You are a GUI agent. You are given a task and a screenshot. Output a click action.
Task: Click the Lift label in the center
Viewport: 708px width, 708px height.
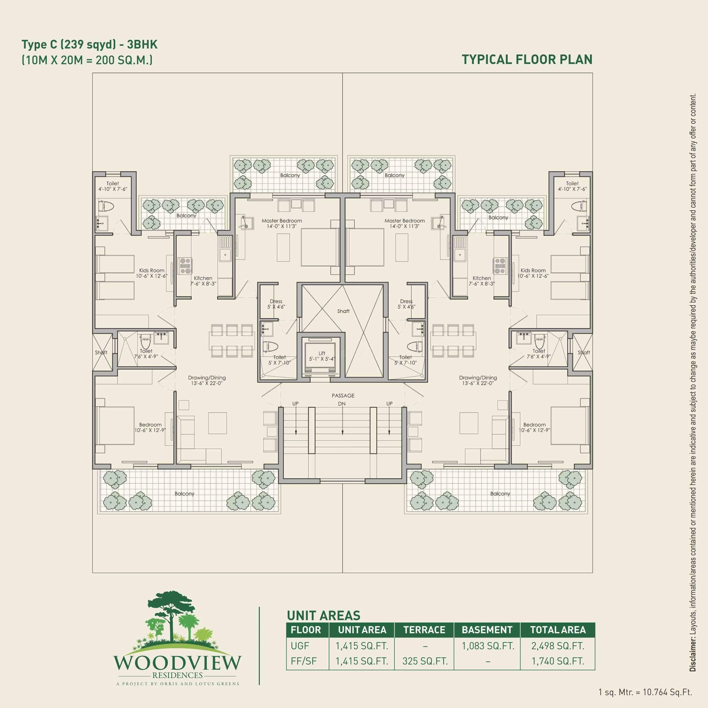pyautogui.click(x=322, y=353)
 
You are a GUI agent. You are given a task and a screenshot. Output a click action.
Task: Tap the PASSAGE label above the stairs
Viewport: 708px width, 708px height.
pyautogui.click(x=343, y=395)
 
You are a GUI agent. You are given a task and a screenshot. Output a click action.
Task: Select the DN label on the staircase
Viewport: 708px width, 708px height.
pyautogui.click(x=341, y=404)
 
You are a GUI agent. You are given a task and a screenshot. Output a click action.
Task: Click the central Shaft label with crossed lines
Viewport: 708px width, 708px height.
pyautogui.click(x=343, y=311)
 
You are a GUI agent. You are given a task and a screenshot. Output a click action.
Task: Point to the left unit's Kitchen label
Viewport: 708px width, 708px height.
pyautogui.click(x=203, y=278)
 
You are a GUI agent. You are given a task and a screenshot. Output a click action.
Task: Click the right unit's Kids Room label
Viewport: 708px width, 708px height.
pyautogui.click(x=533, y=270)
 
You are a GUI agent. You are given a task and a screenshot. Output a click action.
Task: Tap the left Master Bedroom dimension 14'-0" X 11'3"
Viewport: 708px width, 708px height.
pyautogui.click(x=281, y=227)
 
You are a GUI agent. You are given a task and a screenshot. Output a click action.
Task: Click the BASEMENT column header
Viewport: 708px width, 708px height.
pyautogui.click(x=487, y=630)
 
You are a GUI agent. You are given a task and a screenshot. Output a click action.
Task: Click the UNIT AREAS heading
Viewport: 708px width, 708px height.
pyautogui.click(x=323, y=615)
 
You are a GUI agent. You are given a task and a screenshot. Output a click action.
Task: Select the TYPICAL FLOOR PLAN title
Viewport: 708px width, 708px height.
pyautogui.click(x=527, y=59)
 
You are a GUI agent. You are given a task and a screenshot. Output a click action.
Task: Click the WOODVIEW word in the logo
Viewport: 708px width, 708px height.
pyautogui.click(x=177, y=663)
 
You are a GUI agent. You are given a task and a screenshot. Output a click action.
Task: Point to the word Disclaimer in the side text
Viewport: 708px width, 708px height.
pyautogui.click(x=693, y=654)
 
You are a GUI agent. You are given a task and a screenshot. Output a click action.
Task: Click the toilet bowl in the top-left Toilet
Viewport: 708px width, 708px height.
pyautogui.click(x=107, y=207)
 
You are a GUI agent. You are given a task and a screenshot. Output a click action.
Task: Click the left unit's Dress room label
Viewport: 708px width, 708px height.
pyautogui.click(x=276, y=301)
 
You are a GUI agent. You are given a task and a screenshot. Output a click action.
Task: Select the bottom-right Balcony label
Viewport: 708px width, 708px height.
pyautogui.click(x=500, y=494)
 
